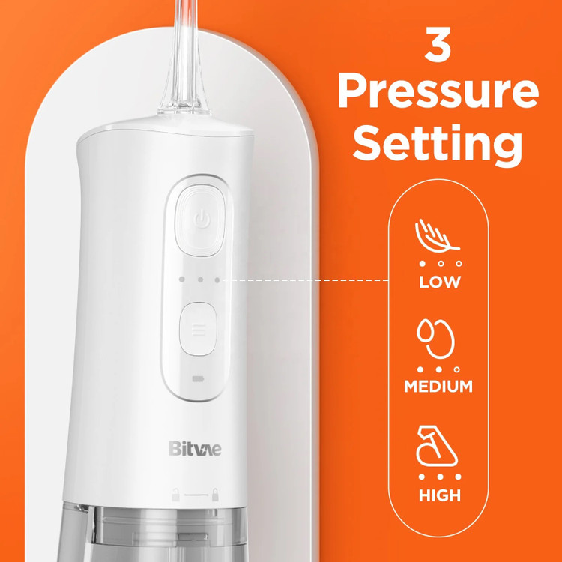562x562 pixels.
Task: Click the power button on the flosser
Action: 200,220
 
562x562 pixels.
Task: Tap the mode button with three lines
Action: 199,329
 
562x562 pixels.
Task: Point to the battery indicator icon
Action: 198,378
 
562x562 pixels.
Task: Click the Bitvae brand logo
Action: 195,448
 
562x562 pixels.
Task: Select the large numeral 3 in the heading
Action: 438,44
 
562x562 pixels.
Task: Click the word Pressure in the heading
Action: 438,92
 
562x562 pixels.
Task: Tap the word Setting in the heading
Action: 438,145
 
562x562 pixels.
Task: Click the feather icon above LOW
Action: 437,235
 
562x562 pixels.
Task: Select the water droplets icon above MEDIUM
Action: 436,339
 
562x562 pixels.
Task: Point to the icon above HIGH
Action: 437,447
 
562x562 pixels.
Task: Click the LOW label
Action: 440,282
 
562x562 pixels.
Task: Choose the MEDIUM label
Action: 438,387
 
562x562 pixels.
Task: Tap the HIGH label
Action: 440,495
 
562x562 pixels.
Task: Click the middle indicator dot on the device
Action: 200,280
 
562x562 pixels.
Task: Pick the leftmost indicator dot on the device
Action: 182,280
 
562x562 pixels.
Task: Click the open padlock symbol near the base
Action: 175,495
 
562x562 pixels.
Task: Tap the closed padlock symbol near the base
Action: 215,495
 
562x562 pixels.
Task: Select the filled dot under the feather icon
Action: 422,264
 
